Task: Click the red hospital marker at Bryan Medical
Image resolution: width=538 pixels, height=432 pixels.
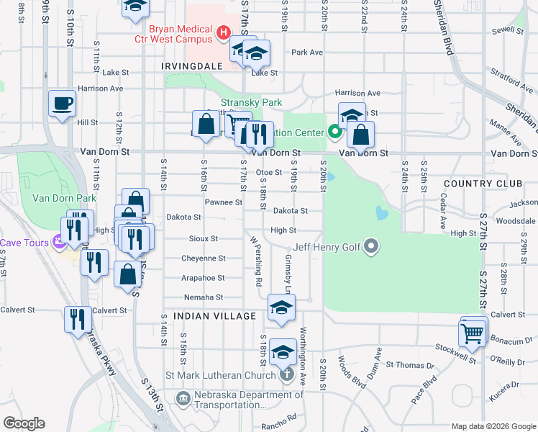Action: (x=224, y=32)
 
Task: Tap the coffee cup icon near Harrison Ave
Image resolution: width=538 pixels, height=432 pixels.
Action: (x=61, y=103)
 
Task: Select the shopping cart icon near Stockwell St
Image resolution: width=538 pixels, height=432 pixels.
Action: (x=472, y=333)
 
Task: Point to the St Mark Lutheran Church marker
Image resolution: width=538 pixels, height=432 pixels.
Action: (x=287, y=374)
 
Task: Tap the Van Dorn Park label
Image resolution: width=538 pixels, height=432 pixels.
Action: (x=64, y=198)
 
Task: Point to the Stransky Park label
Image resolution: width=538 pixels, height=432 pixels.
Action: (x=251, y=102)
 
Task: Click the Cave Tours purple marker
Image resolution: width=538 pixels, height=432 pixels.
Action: (x=62, y=243)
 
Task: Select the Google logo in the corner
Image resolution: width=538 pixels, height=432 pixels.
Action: (x=24, y=423)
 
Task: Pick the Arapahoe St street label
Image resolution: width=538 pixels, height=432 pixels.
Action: (x=201, y=277)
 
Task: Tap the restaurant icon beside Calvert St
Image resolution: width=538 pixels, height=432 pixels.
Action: (x=78, y=320)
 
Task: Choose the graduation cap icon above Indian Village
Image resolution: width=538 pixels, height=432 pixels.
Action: (x=281, y=307)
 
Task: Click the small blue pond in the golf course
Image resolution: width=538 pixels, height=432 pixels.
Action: (x=380, y=213)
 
